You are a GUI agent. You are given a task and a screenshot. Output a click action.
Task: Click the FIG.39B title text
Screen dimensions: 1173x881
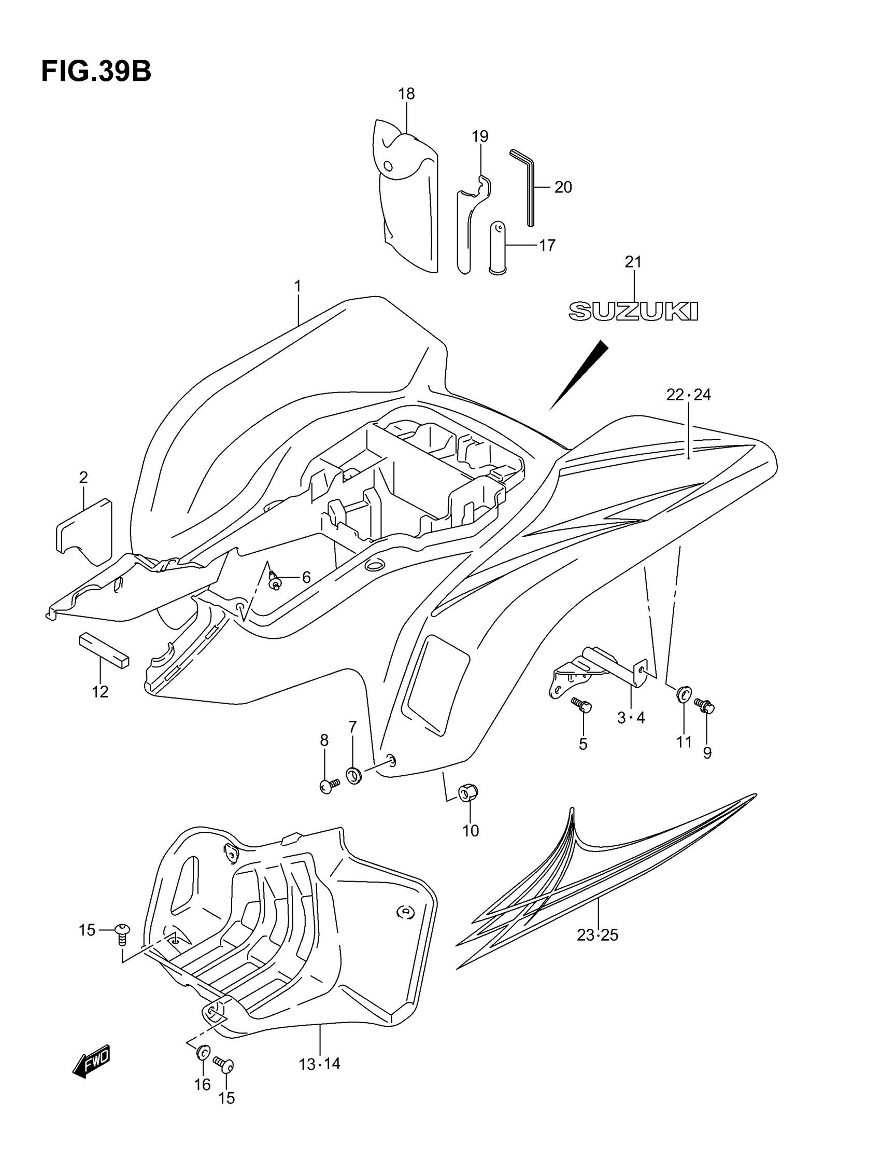click(96, 72)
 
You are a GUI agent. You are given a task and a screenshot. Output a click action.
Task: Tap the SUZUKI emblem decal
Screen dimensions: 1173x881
click(633, 311)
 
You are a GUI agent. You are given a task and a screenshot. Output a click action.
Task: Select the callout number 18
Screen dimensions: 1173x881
click(406, 94)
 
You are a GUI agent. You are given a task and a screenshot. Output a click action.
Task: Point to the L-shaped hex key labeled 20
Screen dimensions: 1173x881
click(527, 186)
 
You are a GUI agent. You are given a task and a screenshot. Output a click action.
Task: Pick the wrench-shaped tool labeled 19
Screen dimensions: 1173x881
click(468, 222)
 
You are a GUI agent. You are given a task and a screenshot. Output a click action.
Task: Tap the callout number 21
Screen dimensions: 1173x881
click(633, 261)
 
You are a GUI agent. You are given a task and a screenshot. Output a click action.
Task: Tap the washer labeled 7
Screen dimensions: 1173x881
click(353, 775)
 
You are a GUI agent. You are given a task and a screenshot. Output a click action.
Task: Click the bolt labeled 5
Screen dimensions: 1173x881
click(581, 705)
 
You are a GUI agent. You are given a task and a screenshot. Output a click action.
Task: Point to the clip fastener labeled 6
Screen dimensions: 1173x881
click(274, 582)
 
